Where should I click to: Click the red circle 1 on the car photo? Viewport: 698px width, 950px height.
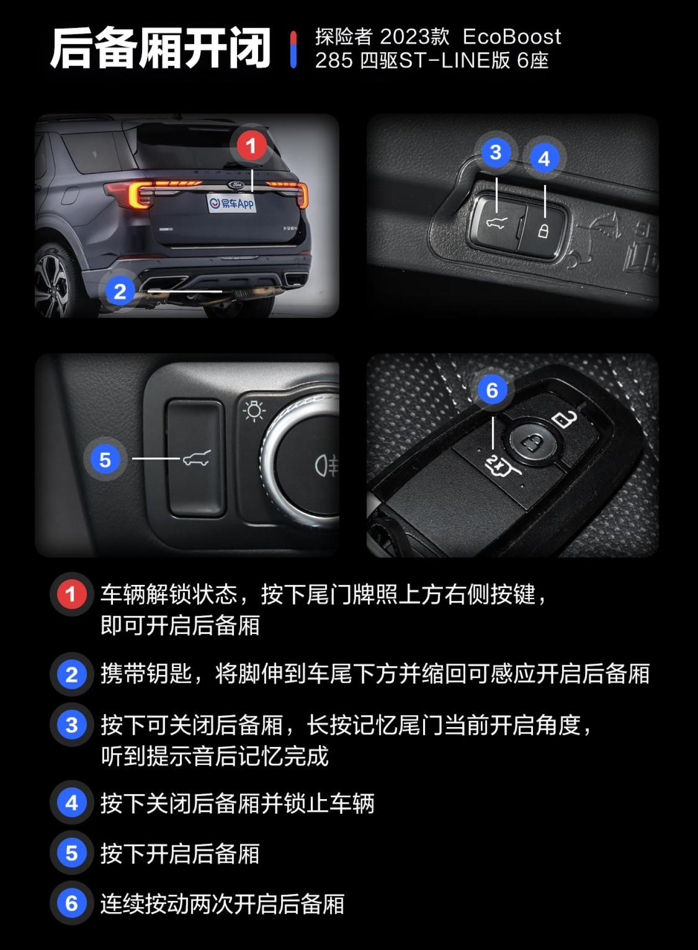(251, 146)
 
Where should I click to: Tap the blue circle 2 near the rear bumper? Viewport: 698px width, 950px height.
(120, 291)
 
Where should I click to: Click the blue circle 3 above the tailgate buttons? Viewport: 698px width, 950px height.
(495, 152)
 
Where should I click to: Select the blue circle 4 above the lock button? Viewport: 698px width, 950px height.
(544, 159)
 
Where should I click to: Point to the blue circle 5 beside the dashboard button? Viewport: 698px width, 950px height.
(105, 460)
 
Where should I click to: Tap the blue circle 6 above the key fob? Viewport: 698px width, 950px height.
(492, 390)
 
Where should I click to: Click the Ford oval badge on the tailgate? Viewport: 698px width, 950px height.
(236, 185)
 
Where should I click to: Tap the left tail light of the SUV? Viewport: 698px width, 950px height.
(134, 195)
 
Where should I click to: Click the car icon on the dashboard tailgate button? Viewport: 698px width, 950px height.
(197, 458)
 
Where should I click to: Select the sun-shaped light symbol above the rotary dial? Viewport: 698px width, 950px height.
(254, 411)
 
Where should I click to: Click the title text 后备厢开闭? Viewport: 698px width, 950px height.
(160, 49)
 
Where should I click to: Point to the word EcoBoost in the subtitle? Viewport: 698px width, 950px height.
(511, 37)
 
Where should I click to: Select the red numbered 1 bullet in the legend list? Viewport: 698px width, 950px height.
(71, 594)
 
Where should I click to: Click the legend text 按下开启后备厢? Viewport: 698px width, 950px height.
(180, 853)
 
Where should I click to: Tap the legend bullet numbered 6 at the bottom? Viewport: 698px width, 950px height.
(72, 903)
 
